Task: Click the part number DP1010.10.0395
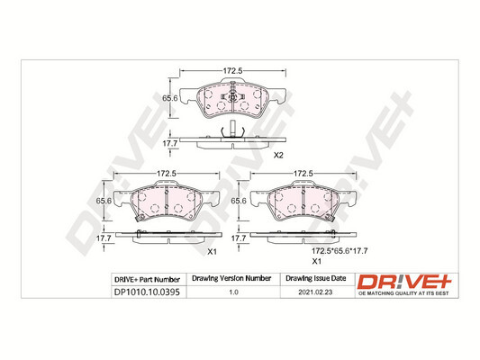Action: (147, 292)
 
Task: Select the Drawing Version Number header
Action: (231, 278)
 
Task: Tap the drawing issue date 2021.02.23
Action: (315, 292)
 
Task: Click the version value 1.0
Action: (233, 292)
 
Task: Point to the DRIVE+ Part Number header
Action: (147, 280)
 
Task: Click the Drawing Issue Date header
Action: (315, 278)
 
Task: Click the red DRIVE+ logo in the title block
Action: (404, 282)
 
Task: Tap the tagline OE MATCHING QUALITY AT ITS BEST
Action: (403, 293)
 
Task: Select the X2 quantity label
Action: (278, 156)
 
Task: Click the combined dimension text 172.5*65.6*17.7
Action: (340, 251)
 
